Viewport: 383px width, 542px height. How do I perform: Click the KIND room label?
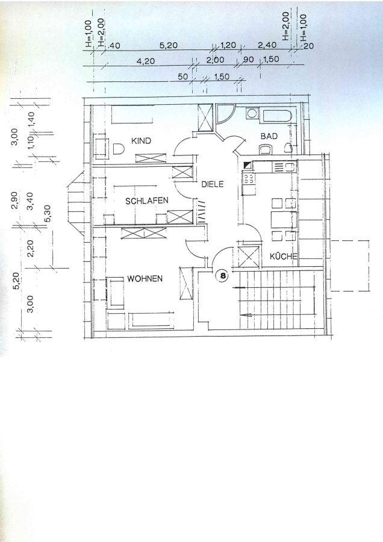pyautogui.click(x=141, y=141)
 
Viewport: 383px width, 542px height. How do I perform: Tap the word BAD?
pyautogui.click(x=269, y=136)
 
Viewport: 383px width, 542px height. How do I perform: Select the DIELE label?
pyautogui.click(x=213, y=184)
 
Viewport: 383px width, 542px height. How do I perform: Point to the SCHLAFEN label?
pyautogui.click(x=146, y=201)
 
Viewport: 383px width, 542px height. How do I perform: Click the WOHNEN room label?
pyautogui.click(x=145, y=279)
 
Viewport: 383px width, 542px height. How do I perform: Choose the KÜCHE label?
pyautogui.click(x=284, y=256)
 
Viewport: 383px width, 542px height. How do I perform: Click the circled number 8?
pyautogui.click(x=223, y=275)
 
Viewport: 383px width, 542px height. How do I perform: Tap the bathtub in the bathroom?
pyautogui.click(x=278, y=116)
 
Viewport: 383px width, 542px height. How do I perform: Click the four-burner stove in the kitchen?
pyautogui.click(x=249, y=178)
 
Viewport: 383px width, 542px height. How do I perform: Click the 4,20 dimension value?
pyautogui.click(x=146, y=61)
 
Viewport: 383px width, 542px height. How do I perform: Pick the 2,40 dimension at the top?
pyautogui.click(x=267, y=45)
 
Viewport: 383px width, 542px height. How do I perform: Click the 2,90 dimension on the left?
pyautogui.click(x=15, y=201)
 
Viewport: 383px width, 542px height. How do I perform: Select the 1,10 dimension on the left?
pyautogui.click(x=31, y=142)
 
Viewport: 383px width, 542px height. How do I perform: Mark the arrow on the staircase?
pyautogui.click(x=251, y=315)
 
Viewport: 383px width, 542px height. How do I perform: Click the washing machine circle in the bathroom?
pyautogui.click(x=252, y=113)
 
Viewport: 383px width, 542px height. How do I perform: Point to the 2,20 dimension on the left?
pyautogui.click(x=30, y=249)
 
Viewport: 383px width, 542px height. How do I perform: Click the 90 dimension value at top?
pyautogui.click(x=248, y=60)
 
